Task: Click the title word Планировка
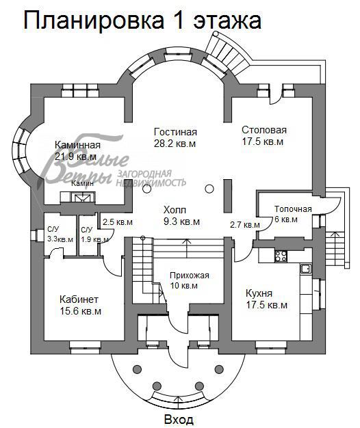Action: (x=94, y=21)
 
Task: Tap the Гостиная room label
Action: (x=175, y=132)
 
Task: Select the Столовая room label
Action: (x=264, y=130)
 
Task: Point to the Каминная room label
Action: (x=77, y=145)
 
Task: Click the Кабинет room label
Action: (x=79, y=299)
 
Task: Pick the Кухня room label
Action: (x=259, y=293)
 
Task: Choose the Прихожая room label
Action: (x=190, y=276)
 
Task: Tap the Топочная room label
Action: (x=293, y=209)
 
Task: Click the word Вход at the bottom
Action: (x=179, y=419)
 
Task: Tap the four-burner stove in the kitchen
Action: (x=281, y=256)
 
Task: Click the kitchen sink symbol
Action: (x=306, y=268)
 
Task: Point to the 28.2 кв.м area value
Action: (x=175, y=144)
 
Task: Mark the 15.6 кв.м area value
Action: (x=80, y=311)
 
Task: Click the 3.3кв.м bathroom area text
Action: (x=60, y=239)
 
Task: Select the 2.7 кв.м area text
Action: (x=245, y=225)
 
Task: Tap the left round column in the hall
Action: (x=147, y=189)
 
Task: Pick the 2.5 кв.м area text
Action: (x=118, y=222)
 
